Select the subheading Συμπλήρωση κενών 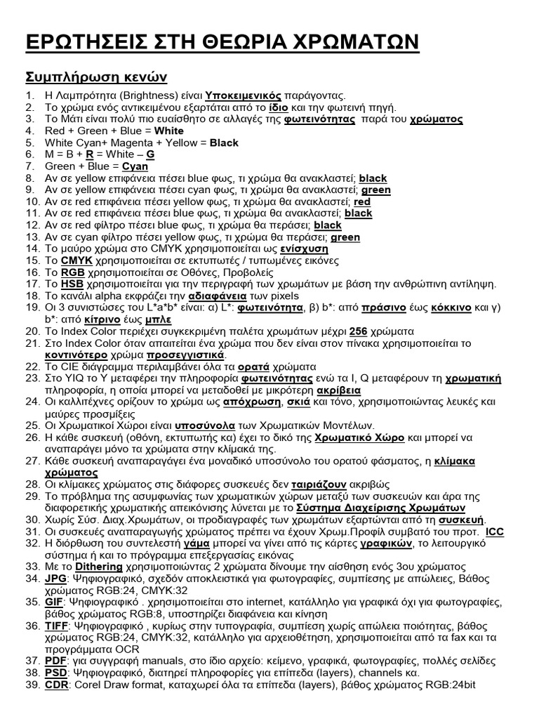point(96,76)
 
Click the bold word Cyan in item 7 point(135,166)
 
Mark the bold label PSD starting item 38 point(55,673)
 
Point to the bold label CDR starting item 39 point(56,685)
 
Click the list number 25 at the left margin point(31,425)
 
